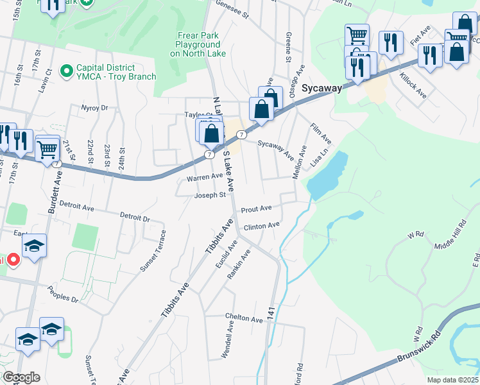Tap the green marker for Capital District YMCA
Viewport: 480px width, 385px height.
point(65,69)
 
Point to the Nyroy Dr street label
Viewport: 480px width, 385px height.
point(94,108)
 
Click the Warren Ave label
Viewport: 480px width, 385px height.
point(204,176)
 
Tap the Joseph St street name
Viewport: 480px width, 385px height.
point(210,195)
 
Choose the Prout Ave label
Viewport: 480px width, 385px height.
point(256,209)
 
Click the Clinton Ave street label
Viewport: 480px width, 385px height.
point(262,225)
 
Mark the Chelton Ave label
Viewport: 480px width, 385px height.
point(244,318)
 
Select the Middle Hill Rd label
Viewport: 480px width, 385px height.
point(449,236)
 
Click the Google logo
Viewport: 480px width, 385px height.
point(21,377)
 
